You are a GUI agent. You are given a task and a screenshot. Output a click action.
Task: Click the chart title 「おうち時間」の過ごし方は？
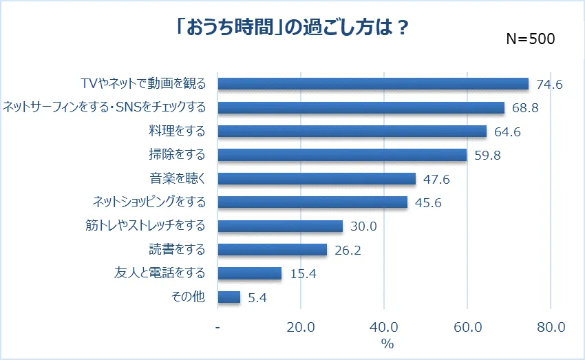[x=292, y=29]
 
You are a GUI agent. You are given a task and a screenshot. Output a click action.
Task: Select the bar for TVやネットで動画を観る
[x=373, y=84]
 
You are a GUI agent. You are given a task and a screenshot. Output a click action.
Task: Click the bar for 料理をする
[x=352, y=131]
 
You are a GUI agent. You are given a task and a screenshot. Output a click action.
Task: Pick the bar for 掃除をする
[x=342, y=154]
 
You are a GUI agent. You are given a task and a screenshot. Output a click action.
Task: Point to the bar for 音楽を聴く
[x=317, y=178]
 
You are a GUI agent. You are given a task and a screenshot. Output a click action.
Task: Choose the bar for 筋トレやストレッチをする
[x=280, y=226]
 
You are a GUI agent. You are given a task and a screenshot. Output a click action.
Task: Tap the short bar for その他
[x=229, y=297]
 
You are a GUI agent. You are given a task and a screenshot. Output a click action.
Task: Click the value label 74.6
[x=549, y=85]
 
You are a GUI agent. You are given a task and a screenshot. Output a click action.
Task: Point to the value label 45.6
[x=428, y=202]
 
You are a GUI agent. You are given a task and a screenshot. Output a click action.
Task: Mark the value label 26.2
[x=347, y=250]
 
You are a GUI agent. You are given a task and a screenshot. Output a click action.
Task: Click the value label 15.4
[x=302, y=274]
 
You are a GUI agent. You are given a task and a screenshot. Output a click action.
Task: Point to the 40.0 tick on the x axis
[x=384, y=327]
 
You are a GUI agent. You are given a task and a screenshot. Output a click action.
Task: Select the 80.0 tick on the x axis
[x=550, y=327]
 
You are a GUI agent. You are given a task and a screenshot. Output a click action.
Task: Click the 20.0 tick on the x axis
[x=301, y=327]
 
